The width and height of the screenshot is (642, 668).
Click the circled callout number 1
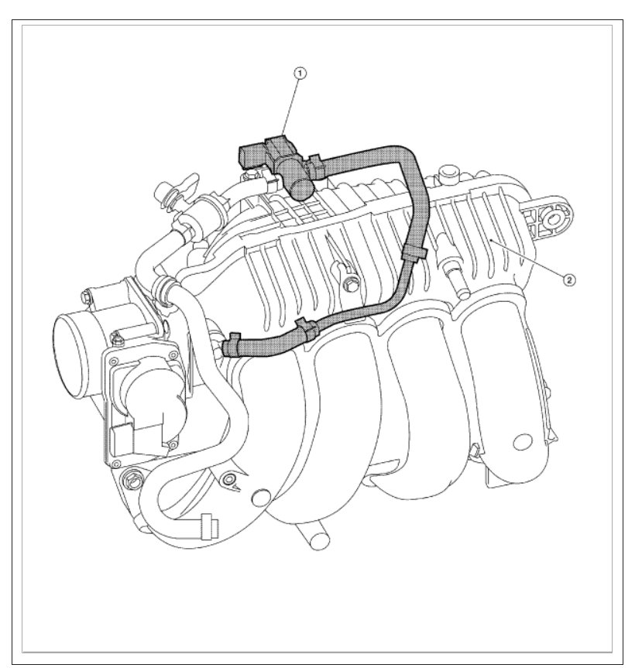pos(300,74)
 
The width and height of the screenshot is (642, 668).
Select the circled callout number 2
pos(569,280)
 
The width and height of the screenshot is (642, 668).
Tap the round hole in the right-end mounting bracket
pos(554,219)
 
